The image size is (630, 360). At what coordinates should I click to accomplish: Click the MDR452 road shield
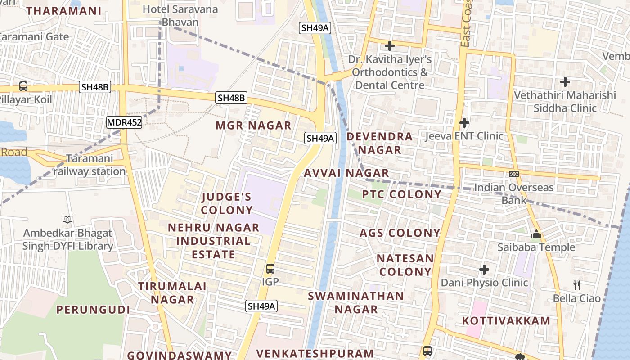click(x=124, y=122)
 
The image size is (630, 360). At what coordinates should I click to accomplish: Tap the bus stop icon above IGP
click(x=270, y=269)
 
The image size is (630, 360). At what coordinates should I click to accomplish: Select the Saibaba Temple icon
click(x=536, y=234)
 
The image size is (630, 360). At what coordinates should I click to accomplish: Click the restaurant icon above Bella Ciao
click(x=577, y=285)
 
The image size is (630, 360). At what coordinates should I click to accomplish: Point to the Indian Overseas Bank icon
click(x=514, y=174)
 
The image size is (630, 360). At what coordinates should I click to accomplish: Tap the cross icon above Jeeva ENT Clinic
click(x=464, y=122)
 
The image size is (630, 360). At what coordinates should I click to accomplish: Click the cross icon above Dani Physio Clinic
click(x=484, y=270)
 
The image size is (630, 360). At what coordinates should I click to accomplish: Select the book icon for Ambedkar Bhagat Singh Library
click(x=67, y=220)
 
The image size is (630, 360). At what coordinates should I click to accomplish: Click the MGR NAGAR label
click(x=254, y=126)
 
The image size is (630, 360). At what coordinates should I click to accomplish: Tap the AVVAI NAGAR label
click(x=346, y=173)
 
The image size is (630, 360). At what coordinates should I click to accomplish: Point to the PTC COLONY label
click(x=402, y=194)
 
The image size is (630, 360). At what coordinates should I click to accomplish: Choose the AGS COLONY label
click(x=400, y=233)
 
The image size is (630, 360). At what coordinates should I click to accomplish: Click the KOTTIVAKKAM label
click(x=506, y=321)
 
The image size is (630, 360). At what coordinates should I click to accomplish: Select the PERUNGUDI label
click(x=93, y=310)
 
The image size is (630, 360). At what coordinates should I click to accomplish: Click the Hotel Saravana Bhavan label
click(x=180, y=16)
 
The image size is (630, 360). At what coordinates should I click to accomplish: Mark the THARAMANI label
click(x=64, y=11)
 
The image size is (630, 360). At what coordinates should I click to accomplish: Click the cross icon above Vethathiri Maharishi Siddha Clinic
click(x=565, y=82)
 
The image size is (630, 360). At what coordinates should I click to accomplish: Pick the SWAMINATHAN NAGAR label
click(x=356, y=302)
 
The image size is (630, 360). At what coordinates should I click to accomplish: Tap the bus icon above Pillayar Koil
click(x=23, y=86)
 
